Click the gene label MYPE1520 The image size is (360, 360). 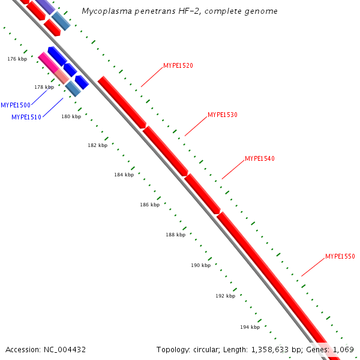tap(178, 65)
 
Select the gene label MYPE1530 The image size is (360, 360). tap(223, 114)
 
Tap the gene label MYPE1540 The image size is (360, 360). tap(260, 158)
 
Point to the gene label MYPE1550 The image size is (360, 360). tap(340, 256)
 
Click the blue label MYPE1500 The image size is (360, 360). tap(16, 105)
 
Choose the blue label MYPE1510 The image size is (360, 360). tap(26, 117)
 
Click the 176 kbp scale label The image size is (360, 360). tap(17, 59)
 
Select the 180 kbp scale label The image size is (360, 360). tap(71, 116)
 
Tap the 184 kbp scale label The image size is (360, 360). tap(124, 175)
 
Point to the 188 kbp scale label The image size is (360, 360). tap(175, 235)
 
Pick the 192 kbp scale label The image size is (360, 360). tap(225, 296)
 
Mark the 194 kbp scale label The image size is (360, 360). tap(250, 327)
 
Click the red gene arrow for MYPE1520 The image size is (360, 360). tap(122, 101)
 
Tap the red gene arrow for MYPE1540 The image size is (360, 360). tap(202, 193)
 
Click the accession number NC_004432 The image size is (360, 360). tap(64, 349)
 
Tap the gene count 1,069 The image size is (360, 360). tap(344, 349)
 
